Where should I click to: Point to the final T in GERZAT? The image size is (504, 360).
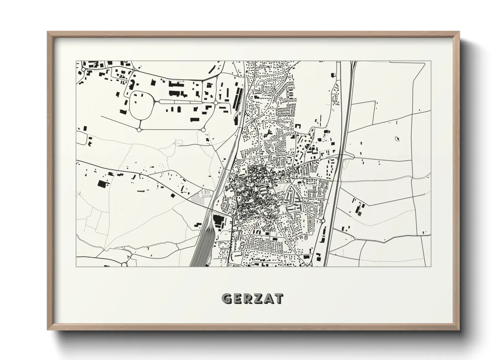pyautogui.click(x=278, y=298)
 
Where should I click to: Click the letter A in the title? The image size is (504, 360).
pyautogui.click(x=268, y=298)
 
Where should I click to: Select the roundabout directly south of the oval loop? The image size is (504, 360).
pyautogui.click(x=139, y=130)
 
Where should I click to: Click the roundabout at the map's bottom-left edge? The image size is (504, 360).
pyautogui.click(x=124, y=264)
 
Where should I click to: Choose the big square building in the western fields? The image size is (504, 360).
pyautogui.click(x=101, y=184)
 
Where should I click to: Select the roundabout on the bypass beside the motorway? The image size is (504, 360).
pyautogui.click(x=323, y=221)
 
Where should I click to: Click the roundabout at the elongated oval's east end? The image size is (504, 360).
pyautogui.click(x=215, y=102)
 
